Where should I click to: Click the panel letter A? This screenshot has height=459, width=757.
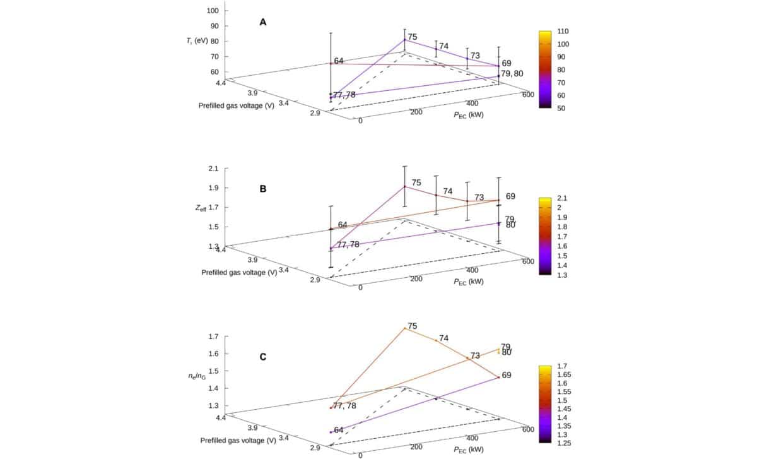coord(263,22)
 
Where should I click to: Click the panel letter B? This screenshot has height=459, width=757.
coord(263,188)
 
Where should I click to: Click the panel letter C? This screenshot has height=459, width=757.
coord(263,357)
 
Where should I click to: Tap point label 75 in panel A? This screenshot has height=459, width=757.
coord(413,37)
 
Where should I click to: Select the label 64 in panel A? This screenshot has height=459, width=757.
coord(339,61)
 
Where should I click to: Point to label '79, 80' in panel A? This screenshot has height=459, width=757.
coord(512,74)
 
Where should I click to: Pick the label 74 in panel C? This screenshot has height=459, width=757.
coord(443,338)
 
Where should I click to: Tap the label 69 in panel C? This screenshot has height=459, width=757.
coord(506,375)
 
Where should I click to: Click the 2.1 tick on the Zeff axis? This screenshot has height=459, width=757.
coord(213,169)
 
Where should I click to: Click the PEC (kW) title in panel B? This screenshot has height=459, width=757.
coord(468,282)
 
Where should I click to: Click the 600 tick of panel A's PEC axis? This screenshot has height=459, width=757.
coord(528,95)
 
